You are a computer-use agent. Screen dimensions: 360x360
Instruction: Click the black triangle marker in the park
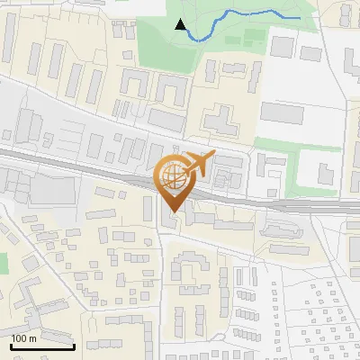point(181,26)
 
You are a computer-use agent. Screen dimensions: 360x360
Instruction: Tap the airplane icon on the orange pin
point(199,164)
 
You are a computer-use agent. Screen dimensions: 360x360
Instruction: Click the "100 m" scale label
point(23,338)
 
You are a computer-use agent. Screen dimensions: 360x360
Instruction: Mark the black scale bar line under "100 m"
point(42,346)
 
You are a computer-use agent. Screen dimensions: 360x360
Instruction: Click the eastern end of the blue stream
point(300,17)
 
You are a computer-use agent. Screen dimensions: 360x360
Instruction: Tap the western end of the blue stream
point(190,37)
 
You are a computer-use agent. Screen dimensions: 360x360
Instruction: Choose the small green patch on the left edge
point(3,264)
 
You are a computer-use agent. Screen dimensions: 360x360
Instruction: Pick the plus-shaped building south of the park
point(219,119)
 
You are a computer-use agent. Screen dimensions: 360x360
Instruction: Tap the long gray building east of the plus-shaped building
point(289,112)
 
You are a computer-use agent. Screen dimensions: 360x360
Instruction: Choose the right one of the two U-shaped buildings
point(170,90)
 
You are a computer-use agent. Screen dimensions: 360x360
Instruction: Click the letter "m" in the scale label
point(32,338)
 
